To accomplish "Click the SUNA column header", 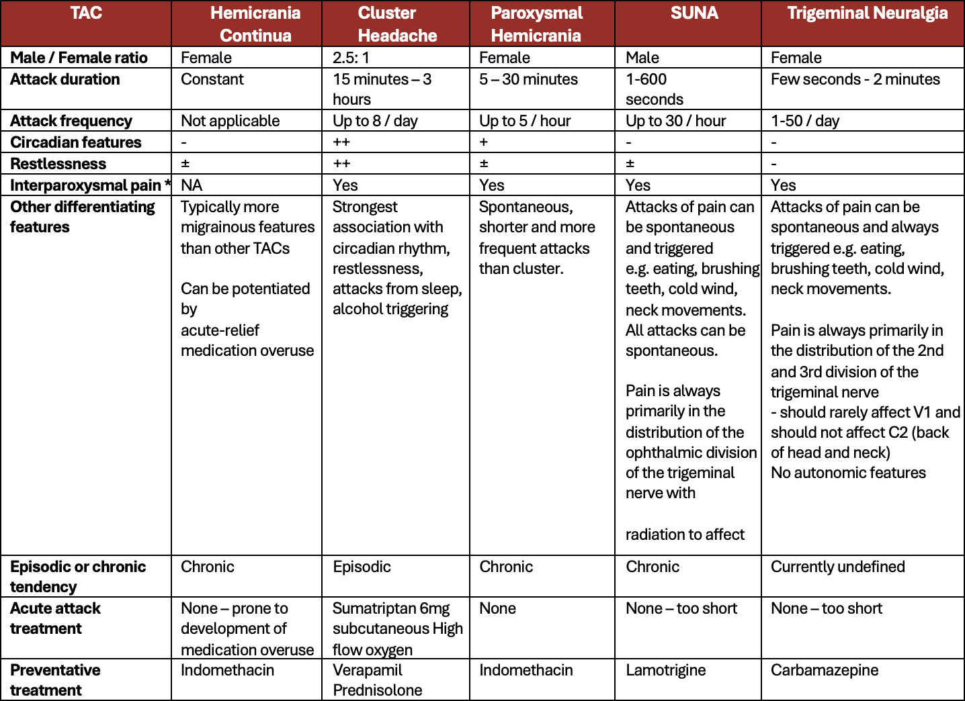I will (694, 13).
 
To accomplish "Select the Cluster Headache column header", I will (396, 24).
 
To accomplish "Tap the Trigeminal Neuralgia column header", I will (867, 13).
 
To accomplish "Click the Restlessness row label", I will (58, 164).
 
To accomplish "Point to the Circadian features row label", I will (76, 142).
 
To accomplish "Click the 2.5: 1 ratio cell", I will (351, 58).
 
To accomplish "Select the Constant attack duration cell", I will (212, 79).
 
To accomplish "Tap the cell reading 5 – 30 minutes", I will (528, 79).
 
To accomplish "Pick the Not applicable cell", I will (230, 121).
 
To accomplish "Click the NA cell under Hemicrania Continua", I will (192, 185).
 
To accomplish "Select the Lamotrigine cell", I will (665, 670).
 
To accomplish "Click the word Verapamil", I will (367, 670).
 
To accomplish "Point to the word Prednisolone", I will (377, 690).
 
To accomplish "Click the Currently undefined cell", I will (837, 567).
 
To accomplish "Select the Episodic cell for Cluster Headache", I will (362, 567).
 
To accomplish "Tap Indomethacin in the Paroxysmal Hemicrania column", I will (526, 670).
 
